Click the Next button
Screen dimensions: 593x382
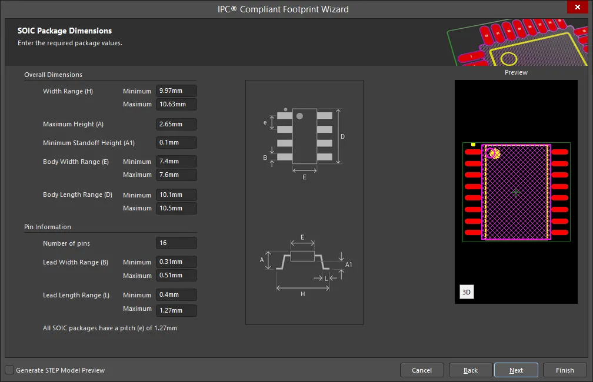pos(516,370)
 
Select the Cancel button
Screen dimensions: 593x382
pos(422,370)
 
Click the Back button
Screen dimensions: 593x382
pos(471,370)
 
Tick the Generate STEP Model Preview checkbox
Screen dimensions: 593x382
pos(9,370)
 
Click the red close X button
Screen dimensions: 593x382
pos(578,7)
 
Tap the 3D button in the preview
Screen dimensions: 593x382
pos(467,291)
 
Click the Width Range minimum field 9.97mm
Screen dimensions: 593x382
pos(176,91)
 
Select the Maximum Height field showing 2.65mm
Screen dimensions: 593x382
pos(176,124)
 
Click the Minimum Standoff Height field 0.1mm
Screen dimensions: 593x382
pos(176,142)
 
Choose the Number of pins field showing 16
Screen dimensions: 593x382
pos(176,243)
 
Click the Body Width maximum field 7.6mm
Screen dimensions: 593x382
pos(176,175)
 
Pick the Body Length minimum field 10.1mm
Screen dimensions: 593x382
pos(176,195)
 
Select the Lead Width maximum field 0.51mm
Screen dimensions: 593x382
pos(176,275)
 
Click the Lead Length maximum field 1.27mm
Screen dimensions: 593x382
pos(176,310)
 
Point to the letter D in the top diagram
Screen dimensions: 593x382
pos(342,136)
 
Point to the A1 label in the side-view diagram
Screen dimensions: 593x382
pos(349,264)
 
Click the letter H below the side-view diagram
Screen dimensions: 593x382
pos(302,294)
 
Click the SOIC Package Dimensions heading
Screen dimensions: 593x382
pos(65,31)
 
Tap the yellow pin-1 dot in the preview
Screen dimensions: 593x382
pos(473,145)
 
